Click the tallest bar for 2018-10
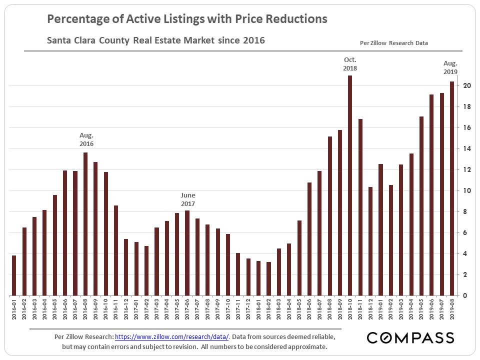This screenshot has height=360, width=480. coord(350,185)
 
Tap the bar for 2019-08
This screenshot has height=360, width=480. coord(452,188)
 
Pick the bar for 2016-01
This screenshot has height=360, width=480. coord(14,275)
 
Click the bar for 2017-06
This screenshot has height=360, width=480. coord(187,253)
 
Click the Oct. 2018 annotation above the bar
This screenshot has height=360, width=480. coord(350,64)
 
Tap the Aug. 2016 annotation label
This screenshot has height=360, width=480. coord(86,139)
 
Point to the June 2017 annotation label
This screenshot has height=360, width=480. coord(188,199)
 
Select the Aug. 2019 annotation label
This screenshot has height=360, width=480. coord(450,67)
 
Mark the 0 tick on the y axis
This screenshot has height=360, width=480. coord(465,295)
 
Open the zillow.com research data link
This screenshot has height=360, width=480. coord(171,337)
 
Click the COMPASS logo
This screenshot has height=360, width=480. coord(410,338)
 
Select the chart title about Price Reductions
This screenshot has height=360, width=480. coord(187,19)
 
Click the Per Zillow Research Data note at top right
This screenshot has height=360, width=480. coord(393,43)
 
